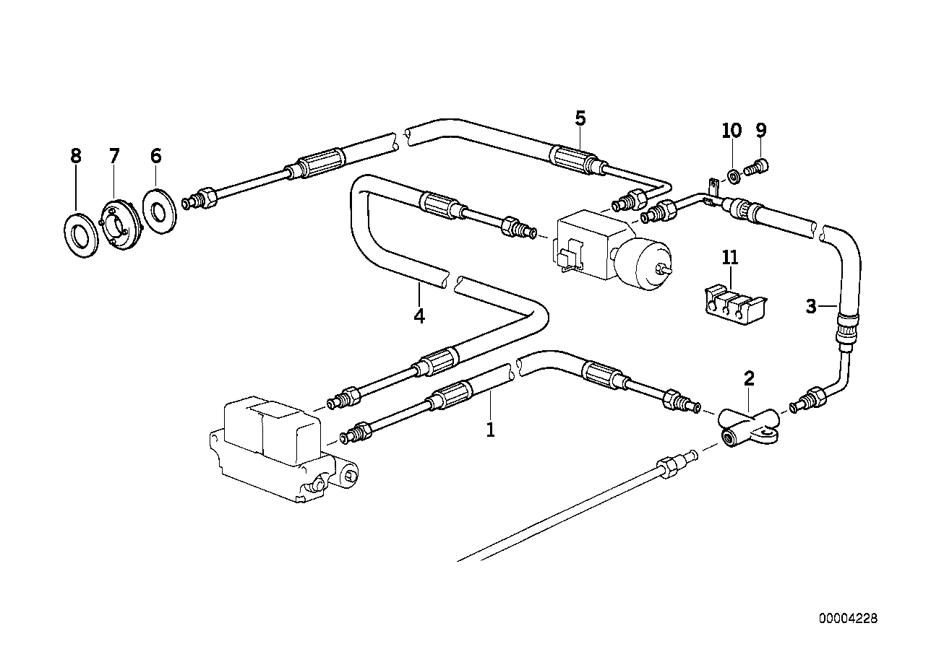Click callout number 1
pyautogui.click(x=490, y=430)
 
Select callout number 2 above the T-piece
pyautogui.click(x=749, y=378)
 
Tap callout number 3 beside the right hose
pyautogui.click(x=812, y=307)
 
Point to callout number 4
pyautogui.click(x=419, y=316)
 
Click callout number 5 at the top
pyautogui.click(x=580, y=118)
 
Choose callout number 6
pyautogui.click(x=155, y=156)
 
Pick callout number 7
pyautogui.click(x=114, y=156)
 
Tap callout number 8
pyautogui.click(x=76, y=156)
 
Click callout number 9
pyautogui.click(x=761, y=130)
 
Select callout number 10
pyautogui.click(x=731, y=130)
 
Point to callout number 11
pyautogui.click(x=730, y=257)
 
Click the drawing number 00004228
pyautogui.click(x=848, y=619)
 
